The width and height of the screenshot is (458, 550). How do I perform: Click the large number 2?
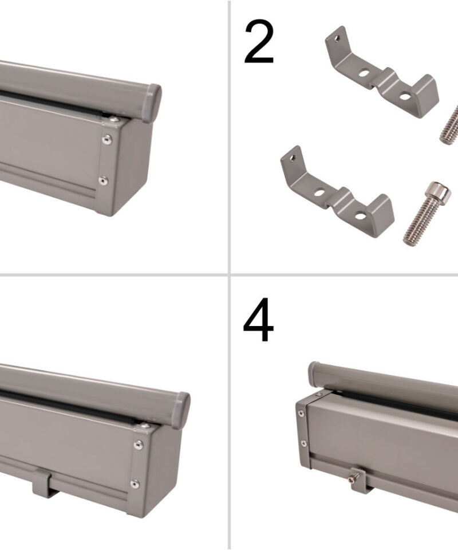coord(259,42)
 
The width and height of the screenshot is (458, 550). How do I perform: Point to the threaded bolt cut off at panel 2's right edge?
coord(450,124)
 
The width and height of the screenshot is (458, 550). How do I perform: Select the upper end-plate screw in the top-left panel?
coord(108,139)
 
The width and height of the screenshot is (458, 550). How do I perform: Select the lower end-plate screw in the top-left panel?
coord(102,180)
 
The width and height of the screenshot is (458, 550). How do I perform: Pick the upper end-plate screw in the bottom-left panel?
coord(139,445)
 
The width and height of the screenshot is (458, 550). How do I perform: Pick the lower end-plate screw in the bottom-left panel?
coord(135,484)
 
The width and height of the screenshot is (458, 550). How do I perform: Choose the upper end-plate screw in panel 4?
coord(301,414)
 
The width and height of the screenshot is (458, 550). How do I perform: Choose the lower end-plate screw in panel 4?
coord(303,443)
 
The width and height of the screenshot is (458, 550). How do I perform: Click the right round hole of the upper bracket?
coord(405,95)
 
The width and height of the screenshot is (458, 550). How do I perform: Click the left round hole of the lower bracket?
coord(319,192)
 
